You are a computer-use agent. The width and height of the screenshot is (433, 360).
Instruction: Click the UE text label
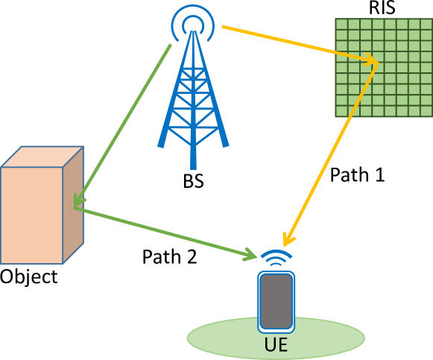click(276, 345)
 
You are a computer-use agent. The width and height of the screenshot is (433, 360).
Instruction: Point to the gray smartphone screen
click(276, 302)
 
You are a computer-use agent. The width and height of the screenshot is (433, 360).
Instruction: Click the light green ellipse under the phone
click(216, 339)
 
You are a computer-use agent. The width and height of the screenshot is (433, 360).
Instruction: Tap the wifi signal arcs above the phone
click(276, 257)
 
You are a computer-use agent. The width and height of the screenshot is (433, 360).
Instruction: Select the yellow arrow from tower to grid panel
click(298, 44)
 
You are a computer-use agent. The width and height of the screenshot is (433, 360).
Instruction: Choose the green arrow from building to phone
click(164, 233)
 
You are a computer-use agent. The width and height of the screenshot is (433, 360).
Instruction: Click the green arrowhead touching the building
click(78, 200)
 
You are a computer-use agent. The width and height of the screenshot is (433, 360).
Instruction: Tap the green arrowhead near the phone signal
click(250, 256)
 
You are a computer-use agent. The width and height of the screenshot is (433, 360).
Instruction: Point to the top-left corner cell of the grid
click(341, 24)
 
